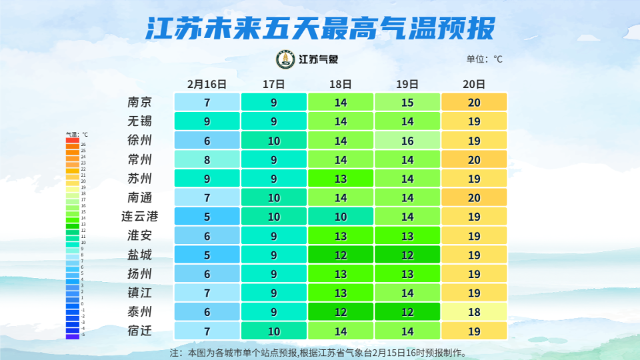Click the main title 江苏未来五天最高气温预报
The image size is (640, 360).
tap(320, 28)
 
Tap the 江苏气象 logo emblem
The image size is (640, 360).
tap(285, 59)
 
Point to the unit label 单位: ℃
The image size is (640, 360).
tap(484, 59)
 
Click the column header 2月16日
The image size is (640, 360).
tap(207, 84)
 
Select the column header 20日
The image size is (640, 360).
tap(473, 84)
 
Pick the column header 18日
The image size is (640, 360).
tap(340, 84)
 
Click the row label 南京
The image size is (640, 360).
tap(140, 102)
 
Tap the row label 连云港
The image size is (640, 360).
tap(140, 217)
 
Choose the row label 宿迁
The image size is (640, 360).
tap(140, 331)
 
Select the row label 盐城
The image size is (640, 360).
tap(140, 255)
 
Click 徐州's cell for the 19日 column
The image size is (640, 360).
tap(407, 141)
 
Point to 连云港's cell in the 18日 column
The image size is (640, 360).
tap(340, 217)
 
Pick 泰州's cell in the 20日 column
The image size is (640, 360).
tap(473, 312)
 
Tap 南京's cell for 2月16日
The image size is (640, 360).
tap(207, 102)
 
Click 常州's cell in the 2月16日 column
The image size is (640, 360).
tap(207, 159)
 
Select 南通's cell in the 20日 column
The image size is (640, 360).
tap(473, 198)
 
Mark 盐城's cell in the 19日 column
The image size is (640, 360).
tap(407, 255)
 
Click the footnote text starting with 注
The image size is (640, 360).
tap(319, 352)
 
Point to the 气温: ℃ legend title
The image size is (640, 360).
tap(77, 135)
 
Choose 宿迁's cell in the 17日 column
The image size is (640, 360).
tap(273, 331)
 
